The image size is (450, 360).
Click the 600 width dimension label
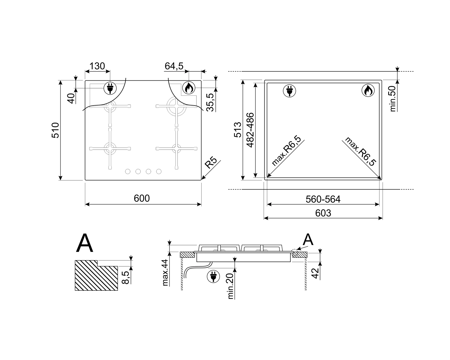click(142, 198)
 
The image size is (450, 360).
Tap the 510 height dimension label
click(55, 130)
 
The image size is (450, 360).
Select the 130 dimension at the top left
click(97, 66)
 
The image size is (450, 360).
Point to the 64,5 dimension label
click(174, 66)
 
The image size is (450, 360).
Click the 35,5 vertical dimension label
click(210, 103)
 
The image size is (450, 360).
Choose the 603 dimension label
click(323, 213)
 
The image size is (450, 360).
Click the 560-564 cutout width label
click(323, 199)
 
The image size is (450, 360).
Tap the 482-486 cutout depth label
click(250, 130)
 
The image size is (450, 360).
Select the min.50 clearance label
click(393, 99)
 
